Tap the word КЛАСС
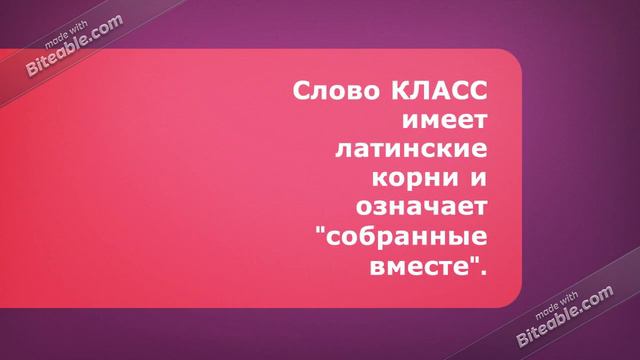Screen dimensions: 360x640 [x=435, y=93]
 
